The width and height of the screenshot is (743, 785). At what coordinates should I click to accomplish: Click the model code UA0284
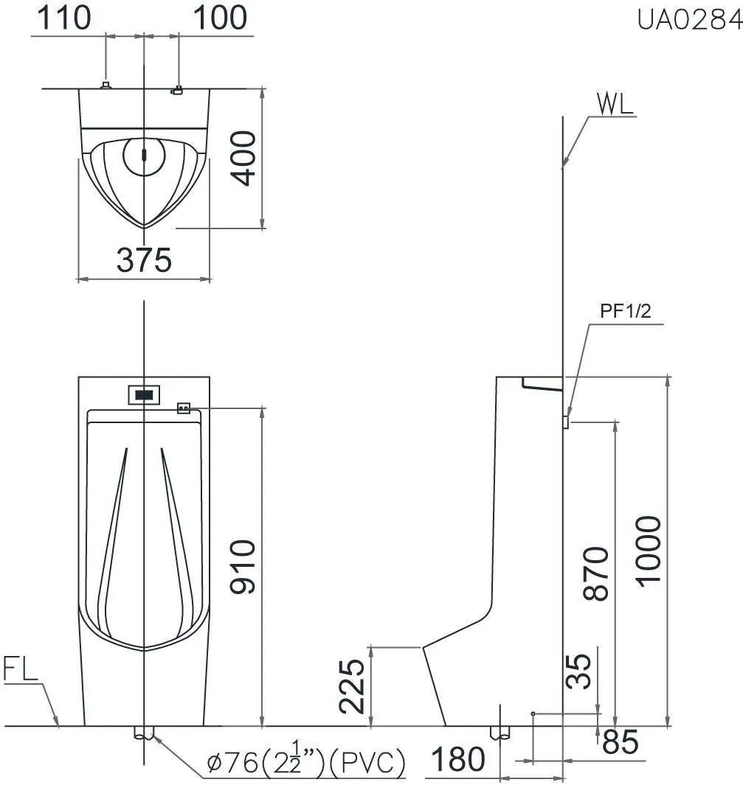689,19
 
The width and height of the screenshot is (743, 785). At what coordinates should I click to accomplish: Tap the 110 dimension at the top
64,18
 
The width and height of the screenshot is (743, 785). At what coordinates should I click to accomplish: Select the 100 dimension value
220,18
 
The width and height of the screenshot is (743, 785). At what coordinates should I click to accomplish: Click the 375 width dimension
145,260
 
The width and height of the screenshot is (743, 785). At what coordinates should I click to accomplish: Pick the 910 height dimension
243,567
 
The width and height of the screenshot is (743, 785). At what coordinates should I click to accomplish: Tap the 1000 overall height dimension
649,551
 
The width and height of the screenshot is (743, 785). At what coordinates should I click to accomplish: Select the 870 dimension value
596,573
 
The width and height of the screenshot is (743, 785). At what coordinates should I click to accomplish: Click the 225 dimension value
352,686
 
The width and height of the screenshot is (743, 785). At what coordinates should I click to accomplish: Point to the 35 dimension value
578,671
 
